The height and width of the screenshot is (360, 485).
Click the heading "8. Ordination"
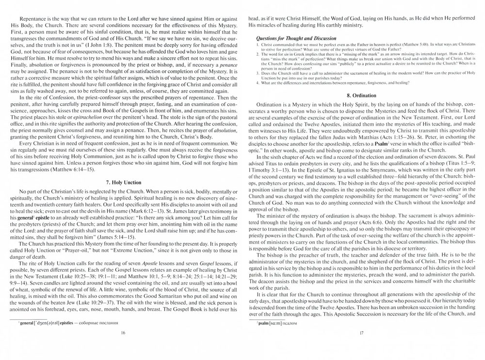click(362, 96)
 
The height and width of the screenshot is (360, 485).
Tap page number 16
click(123, 333)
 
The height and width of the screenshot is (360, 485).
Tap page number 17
click(362, 333)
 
